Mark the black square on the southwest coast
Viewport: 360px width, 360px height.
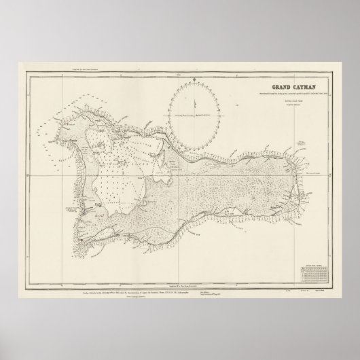(x=79, y=239)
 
